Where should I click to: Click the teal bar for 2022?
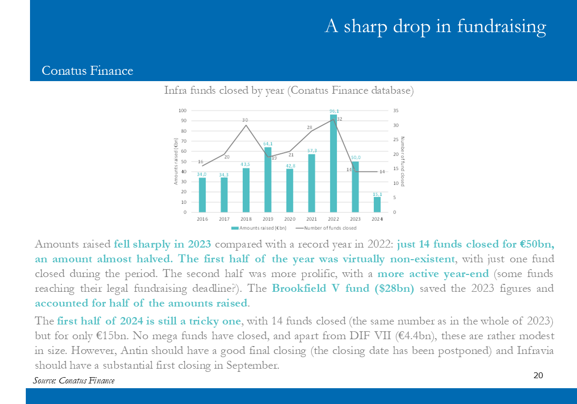pos(333,163)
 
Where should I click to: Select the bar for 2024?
pos(377,204)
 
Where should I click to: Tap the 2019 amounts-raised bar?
pos(268,180)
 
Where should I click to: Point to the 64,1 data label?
pos(268,144)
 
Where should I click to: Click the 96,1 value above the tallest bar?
pos(334,111)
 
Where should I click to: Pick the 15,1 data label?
pos(377,194)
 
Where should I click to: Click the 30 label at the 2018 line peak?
pos(245,120)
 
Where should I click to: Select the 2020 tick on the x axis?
pos(290,219)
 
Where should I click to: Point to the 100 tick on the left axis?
pos(183,111)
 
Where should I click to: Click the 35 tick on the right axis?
pos(395,111)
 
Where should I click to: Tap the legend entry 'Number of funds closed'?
pos(326,228)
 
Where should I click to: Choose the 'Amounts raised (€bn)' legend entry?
pos(258,228)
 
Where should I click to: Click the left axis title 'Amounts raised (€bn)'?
pos(176,161)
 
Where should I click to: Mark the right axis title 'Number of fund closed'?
pos(403,161)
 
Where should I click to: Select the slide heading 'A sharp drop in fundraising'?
pos(435,26)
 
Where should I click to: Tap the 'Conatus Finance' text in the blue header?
pos(87,71)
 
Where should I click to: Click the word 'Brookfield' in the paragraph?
pos(299,288)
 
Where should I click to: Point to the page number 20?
pos(539,375)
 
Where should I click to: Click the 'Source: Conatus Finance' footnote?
pos(74,380)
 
